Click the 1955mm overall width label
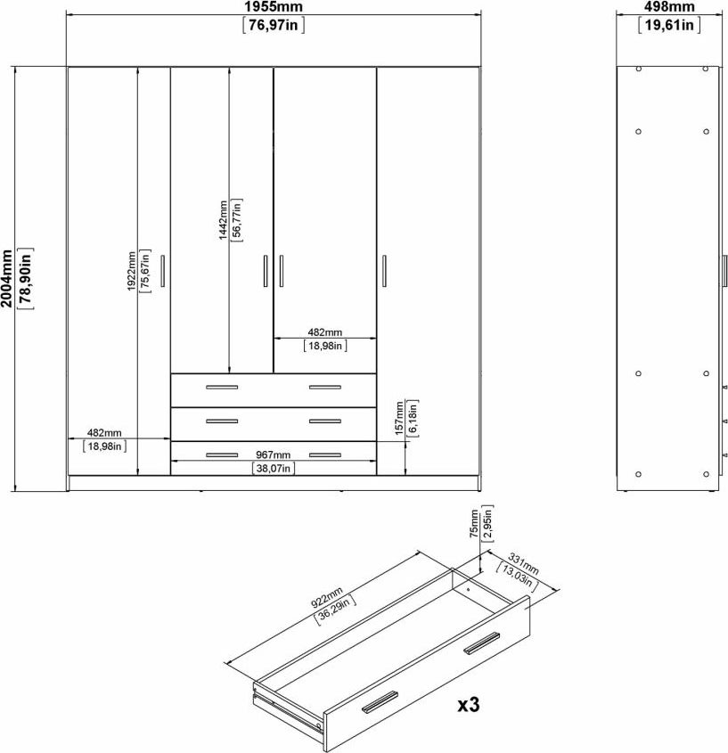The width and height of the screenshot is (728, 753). pyautogui.click(x=274, y=7)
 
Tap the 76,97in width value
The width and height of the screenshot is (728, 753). pyautogui.click(x=274, y=24)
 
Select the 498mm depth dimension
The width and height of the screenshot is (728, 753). pyautogui.click(x=669, y=7)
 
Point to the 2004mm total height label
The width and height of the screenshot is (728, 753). pyautogui.click(x=6, y=278)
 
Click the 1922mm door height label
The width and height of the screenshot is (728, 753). pyautogui.click(x=131, y=271)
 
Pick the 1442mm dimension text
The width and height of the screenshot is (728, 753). pyautogui.click(x=223, y=220)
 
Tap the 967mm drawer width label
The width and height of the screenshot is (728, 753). pyautogui.click(x=274, y=454)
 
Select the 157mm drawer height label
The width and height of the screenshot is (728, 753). pyautogui.click(x=399, y=418)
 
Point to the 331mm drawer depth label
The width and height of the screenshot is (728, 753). pyautogui.click(x=523, y=565)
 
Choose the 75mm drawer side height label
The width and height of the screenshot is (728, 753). pyautogui.click(x=474, y=524)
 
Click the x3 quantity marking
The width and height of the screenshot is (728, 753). pyautogui.click(x=468, y=705)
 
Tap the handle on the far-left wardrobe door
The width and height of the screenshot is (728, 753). pyautogui.click(x=162, y=271)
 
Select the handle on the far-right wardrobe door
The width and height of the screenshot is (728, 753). pyautogui.click(x=384, y=271)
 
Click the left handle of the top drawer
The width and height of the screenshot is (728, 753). pyautogui.click(x=222, y=387)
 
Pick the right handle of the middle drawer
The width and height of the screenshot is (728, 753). pyautogui.click(x=325, y=422)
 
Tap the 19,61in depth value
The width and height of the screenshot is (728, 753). pyautogui.click(x=669, y=24)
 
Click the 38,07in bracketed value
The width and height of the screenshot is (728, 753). pyautogui.click(x=274, y=468)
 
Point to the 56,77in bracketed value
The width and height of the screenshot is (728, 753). pyautogui.click(x=237, y=220)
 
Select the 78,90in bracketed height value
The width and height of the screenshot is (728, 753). pyautogui.click(x=26, y=279)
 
